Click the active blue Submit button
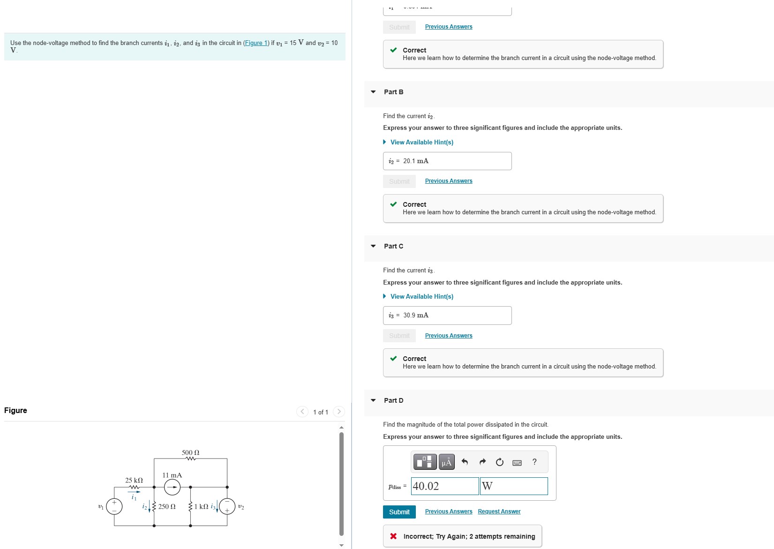(x=399, y=512)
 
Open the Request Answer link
(x=499, y=511)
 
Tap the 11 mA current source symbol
(x=172, y=488)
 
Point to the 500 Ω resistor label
(x=190, y=452)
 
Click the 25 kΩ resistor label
(x=134, y=480)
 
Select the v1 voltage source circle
(x=114, y=506)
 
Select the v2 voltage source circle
(x=227, y=506)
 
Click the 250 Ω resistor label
(x=167, y=507)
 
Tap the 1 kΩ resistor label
(x=202, y=507)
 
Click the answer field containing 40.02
(x=444, y=486)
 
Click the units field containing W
(x=514, y=486)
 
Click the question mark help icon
(x=534, y=462)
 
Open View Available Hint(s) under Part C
(x=421, y=296)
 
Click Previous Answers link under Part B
(x=448, y=181)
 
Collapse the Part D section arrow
(x=373, y=400)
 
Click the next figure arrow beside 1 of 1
(x=338, y=412)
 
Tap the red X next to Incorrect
(x=393, y=536)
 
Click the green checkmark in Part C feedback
(x=393, y=359)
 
